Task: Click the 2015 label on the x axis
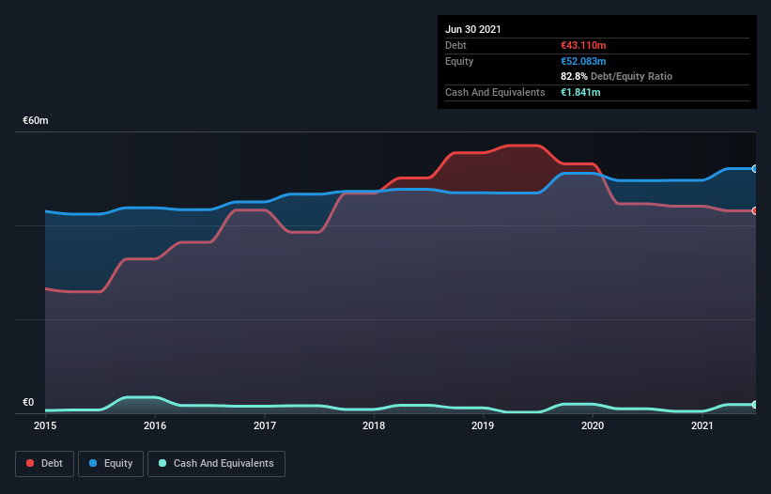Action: tap(45, 426)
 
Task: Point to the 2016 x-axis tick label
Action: tap(155, 426)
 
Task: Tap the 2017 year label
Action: tap(265, 426)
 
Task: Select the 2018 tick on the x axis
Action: tap(374, 426)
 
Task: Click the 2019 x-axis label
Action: tap(483, 426)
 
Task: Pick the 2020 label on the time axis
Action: tap(593, 426)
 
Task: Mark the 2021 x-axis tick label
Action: tap(702, 426)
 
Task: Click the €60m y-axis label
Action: tap(36, 121)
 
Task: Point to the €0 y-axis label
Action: tap(28, 403)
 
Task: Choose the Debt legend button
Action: tap(45, 463)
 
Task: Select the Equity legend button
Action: tap(111, 463)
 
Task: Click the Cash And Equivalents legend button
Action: tap(216, 463)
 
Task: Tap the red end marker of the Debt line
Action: tap(754, 210)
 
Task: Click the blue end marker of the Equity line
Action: tap(754, 169)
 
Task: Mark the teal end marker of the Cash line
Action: tap(754, 405)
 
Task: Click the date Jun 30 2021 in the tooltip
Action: tap(473, 29)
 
